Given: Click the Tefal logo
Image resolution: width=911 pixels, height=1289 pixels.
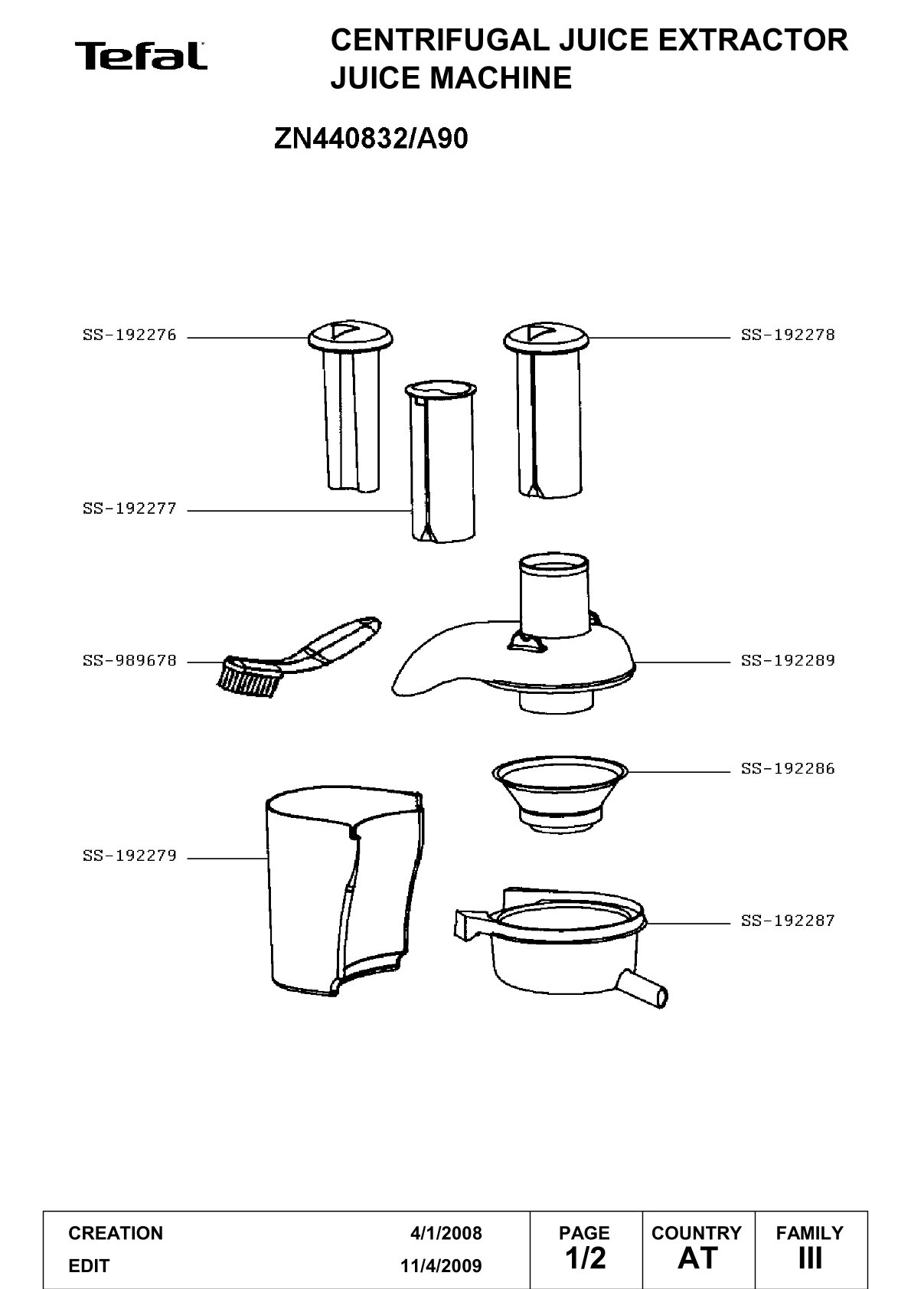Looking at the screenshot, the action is click(x=141, y=56).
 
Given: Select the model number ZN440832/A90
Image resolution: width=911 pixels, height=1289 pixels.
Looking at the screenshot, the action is click(x=371, y=139).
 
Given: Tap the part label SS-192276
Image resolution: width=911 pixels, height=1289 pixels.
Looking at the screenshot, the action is click(x=129, y=335).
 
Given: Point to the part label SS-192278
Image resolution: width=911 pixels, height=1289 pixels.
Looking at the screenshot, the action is click(x=788, y=335).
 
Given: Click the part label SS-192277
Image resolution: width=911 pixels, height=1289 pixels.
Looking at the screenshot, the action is click(x=129, y=509).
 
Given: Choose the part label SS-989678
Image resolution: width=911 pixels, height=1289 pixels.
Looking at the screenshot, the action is click(x=129, y=661).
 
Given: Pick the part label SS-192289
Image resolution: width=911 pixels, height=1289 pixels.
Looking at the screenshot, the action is click(x=788, y=661).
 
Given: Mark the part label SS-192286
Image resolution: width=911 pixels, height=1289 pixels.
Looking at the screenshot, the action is click(x=788, y=769).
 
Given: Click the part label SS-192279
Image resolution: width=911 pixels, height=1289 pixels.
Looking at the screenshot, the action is click(x=129, y=856).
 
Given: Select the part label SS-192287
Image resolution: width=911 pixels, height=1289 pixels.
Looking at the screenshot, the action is click(x=788, y=921).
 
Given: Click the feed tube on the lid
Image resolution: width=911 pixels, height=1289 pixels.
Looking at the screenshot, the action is click(x=553, y=596).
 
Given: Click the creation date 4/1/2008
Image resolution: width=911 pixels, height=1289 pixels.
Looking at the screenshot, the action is click(x=446, y=1233).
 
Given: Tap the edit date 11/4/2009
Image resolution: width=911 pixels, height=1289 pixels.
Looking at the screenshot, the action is click(x=441, y=1266).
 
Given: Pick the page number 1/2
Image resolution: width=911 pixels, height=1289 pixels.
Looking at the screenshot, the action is click(x=586, y=1258).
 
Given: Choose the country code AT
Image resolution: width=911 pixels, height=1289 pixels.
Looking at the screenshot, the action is click(x=698, y=1258).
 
